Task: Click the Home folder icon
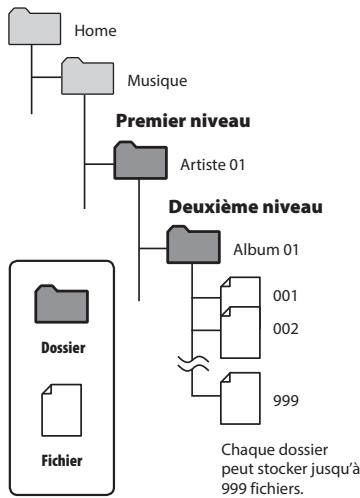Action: [x=32, y=30]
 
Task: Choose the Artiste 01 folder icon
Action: [x=137, y=160]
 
